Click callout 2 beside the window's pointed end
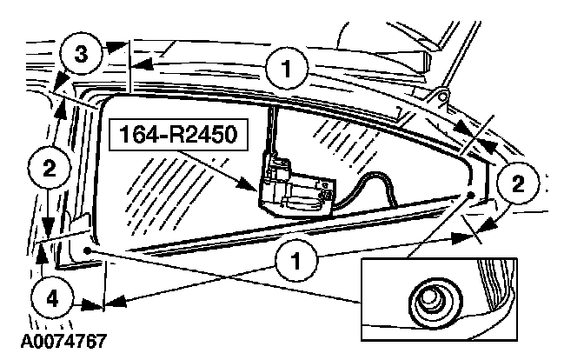click(x=518, y=182)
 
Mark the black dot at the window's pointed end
click(x=470, y=196)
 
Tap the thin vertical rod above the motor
click(x=271, y=130)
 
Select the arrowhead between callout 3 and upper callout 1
click(x=140, y=63)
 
